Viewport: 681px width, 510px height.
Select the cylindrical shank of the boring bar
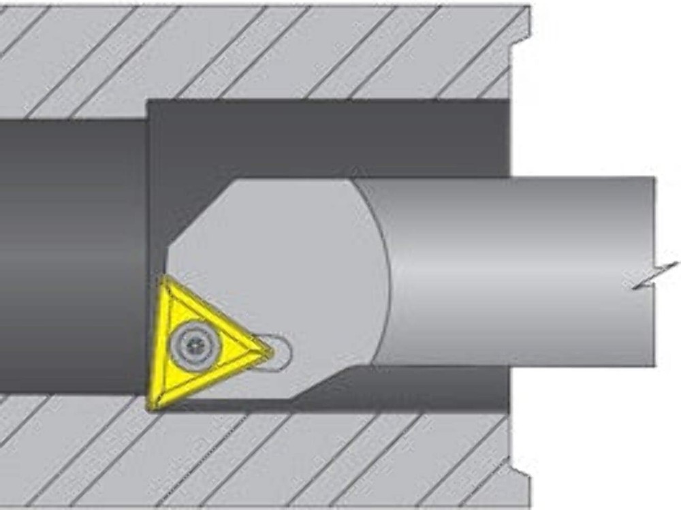pos(518,272)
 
